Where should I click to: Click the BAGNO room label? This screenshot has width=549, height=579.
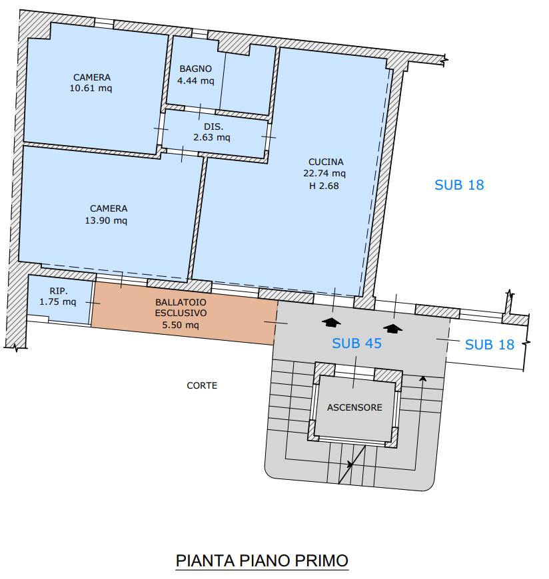[196, 69]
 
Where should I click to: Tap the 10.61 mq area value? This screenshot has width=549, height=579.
[91, 89]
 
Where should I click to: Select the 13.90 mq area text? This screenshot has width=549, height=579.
[106, 220]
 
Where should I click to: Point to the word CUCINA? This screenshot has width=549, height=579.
[326, 162]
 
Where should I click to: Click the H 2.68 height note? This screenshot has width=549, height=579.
[324, 186]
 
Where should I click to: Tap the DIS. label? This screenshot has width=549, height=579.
[214, 126]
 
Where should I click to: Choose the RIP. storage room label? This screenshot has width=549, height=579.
[59, 291]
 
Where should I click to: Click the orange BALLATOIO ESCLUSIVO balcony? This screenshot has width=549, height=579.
[184, 313]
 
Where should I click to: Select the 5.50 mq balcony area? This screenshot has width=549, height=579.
[181, 325]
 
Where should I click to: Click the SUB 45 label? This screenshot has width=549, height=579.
[356, 343]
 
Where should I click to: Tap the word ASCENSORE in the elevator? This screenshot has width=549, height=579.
[354, 407]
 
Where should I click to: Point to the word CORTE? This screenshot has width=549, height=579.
[202, 385]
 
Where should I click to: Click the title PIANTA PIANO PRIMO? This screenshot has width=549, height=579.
[262, 560]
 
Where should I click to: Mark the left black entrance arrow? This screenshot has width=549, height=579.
[331, 322]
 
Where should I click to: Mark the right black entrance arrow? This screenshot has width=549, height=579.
[392, 328]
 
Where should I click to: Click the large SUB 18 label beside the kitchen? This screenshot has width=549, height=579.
[459, 185]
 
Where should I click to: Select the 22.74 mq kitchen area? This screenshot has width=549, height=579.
[324, 173]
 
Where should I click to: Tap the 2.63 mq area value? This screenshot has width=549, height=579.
[212, 137]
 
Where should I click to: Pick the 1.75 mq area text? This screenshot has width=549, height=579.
[58, 301]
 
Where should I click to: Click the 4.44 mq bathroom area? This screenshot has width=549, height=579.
[196, 81]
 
